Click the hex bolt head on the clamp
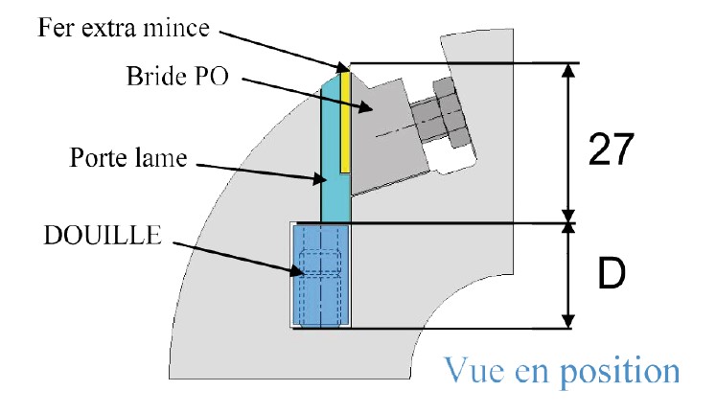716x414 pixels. pyautogui.click(x=448, y=115)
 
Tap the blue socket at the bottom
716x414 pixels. pyautogui.click(x=319, y=276)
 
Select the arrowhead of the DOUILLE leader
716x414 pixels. pyautogui.click(x=306, y=274)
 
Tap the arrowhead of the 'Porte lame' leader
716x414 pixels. pyautogui.click(x=328, y=178)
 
